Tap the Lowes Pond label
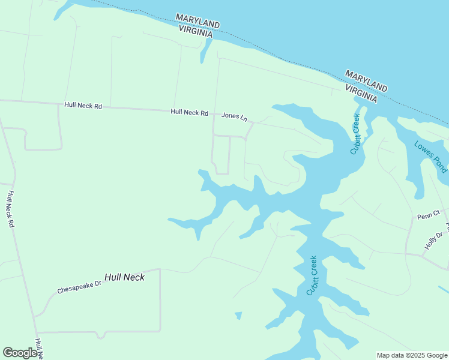point(430,156)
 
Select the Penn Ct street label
point(429,214)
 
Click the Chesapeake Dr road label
point(80,286)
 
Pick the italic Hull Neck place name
point(124,277)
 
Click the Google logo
point(20,353)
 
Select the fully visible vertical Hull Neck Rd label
point(10,209)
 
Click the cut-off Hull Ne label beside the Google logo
point(39,349)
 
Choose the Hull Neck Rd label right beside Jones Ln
point(189,112)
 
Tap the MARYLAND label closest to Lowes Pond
point(366,79)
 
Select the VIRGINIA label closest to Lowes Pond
point(361,92)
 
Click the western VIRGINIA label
point(194,33)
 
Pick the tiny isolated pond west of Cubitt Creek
point(238,315)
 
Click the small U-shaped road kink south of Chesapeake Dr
point(104,334)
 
